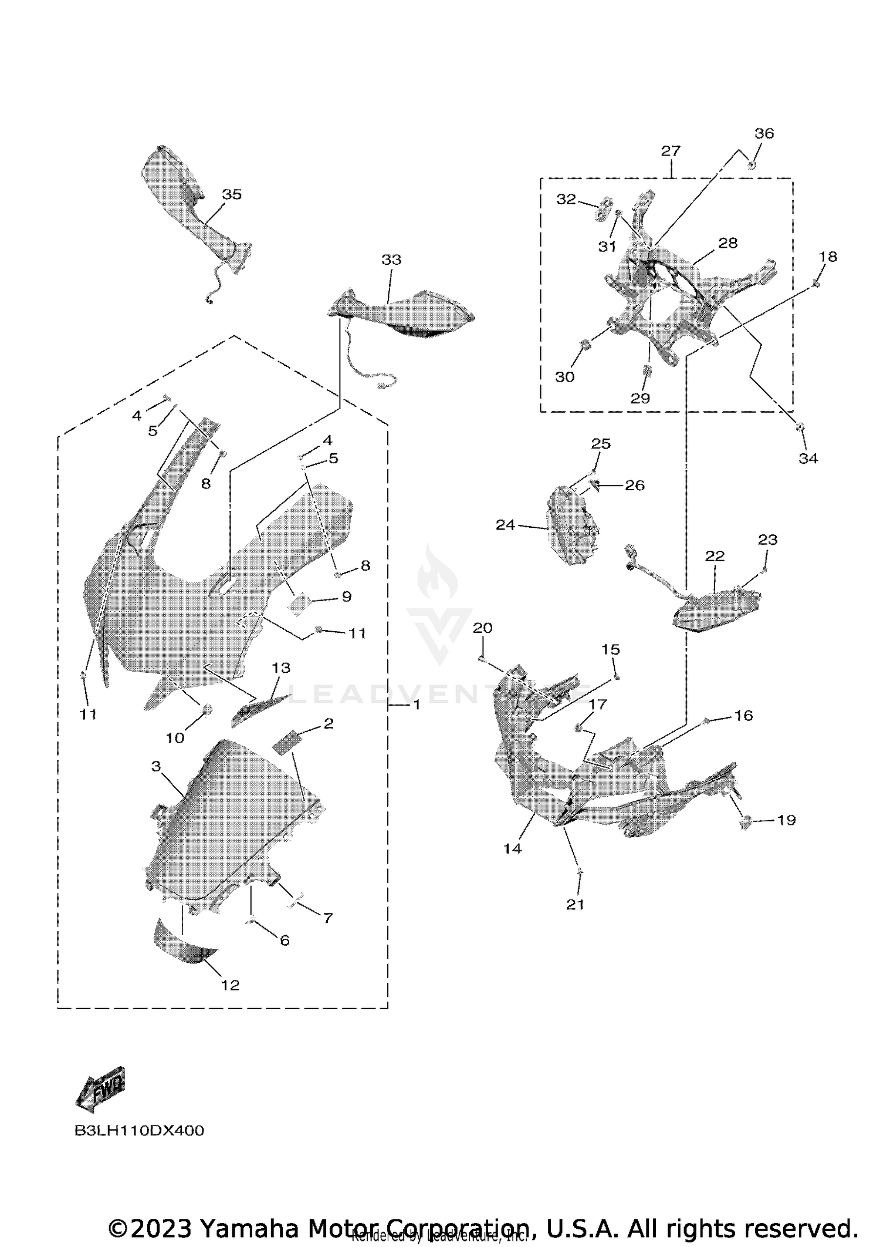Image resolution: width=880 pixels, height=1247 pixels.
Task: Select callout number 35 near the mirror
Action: (232, 194)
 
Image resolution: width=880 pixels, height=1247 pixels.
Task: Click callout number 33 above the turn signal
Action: (391, 259)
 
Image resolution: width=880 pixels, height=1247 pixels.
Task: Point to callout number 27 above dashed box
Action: (671, 151)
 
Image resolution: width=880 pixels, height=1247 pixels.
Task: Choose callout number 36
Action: (764, 133)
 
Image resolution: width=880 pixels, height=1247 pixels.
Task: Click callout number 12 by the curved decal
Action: (230, 985)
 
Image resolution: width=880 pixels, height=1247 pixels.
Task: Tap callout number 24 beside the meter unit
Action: (505, 525)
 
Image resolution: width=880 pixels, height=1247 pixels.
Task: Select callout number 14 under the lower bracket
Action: (512, 848)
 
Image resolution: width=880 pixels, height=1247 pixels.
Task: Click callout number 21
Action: (576, 905)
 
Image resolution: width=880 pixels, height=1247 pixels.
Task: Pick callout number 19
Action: (786, 820)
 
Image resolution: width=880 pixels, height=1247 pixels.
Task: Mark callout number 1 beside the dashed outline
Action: (417, 705)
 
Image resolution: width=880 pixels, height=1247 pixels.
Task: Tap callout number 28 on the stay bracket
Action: (727, 243)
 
